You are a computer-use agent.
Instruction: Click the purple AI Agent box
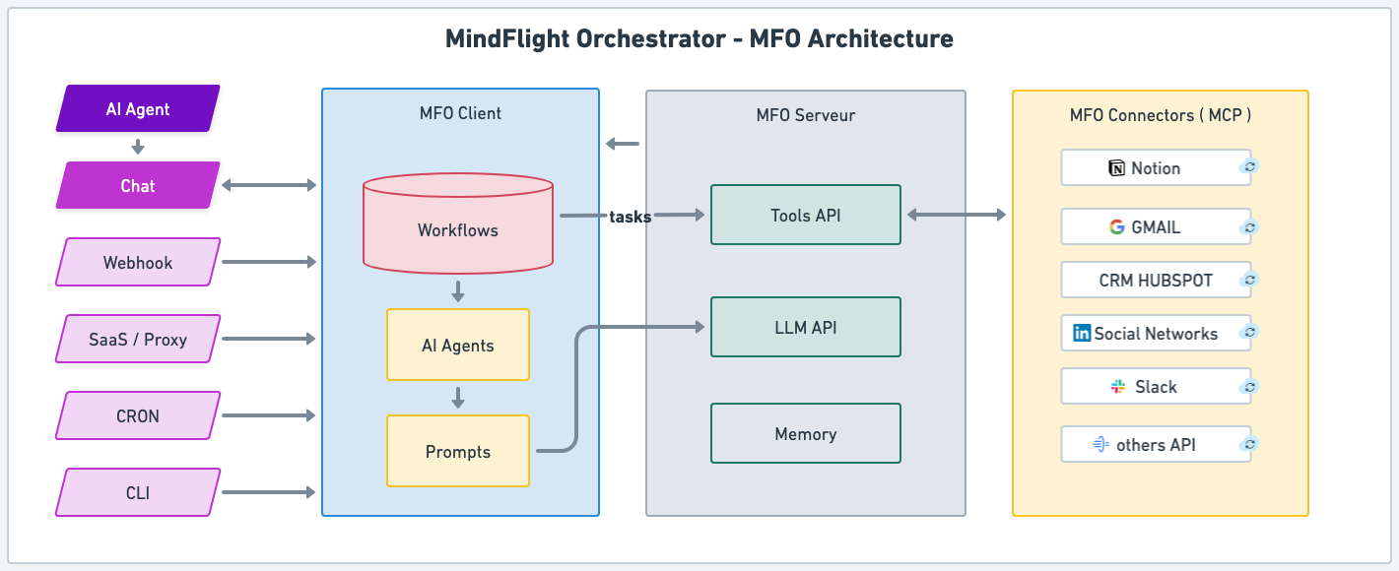(138, 109)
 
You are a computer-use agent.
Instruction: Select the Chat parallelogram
(138, 186)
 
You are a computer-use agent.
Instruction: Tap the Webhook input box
(138, 263)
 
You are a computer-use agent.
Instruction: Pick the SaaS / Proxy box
(138, 340)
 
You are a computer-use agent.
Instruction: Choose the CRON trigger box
(138, 416)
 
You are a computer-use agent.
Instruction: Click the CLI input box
(138, 493)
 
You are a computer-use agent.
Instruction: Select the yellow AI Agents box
(458, 346)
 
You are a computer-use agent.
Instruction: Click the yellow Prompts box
(458, 452)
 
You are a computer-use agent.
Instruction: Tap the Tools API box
(806, 216)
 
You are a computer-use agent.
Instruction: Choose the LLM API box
(806, 328)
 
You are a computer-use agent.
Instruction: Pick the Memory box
(806, 434)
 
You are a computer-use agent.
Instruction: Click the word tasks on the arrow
(631, 217)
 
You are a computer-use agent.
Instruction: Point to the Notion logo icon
(1117, 168)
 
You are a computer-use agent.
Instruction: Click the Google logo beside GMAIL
(1116, 227)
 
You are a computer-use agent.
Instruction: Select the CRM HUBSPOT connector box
(1156, 281)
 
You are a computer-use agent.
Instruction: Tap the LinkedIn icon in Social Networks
(1082, 334)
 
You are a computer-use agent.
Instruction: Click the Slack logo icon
(1118, 387)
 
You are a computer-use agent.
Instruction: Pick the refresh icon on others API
(1249, 445)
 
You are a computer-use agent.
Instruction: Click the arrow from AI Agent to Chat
(138, 148)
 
